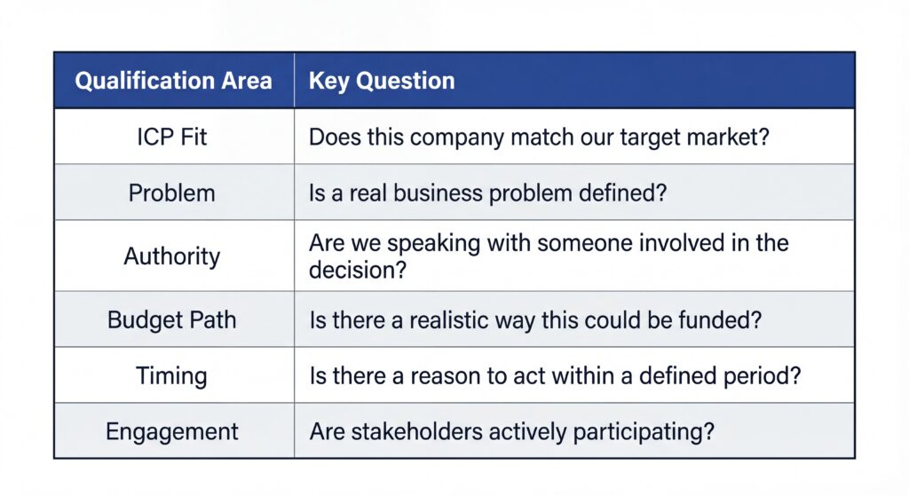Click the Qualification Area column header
173,81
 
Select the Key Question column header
382,81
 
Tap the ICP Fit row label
172,138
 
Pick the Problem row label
172,193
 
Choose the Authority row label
172,256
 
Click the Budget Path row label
172,319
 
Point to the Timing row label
172,375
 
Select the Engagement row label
172,432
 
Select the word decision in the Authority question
358,270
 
